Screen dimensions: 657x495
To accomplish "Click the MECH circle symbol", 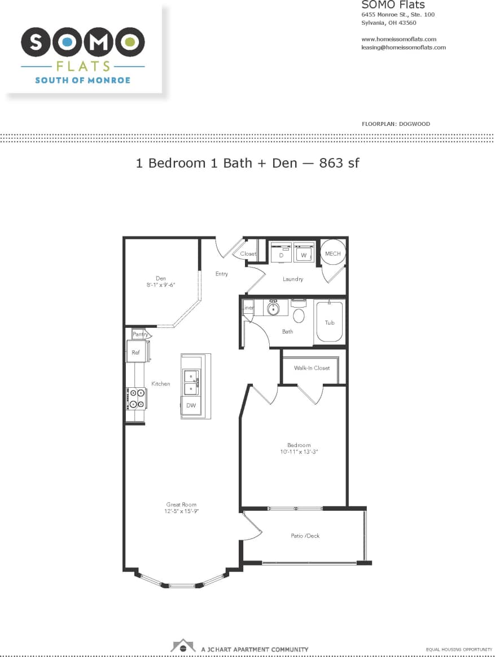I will tap(332, 253).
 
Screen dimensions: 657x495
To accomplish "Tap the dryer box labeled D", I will tap(281, 253).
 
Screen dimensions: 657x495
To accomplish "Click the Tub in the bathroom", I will tap(330, 322).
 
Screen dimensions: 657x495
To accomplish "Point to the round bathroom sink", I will tap(273, 309).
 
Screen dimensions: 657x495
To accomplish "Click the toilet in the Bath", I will tap(299, 314).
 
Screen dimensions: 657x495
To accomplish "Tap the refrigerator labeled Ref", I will tap(136, 352).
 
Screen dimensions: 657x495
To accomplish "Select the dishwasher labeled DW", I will tap(191, 405).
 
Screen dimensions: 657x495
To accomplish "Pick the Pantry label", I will tap(141, 334).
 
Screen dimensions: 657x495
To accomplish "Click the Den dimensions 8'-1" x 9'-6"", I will tap(161, 285).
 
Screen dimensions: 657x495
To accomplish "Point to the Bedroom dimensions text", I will tap(299, 452).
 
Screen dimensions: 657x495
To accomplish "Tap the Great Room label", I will tap(181, 504).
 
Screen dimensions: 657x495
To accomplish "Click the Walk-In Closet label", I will tap(312, 368).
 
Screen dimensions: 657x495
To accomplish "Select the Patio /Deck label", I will tap(305, 536).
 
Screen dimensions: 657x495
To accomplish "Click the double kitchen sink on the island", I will tap(191, 382).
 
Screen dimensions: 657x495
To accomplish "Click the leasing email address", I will tap(403, 47).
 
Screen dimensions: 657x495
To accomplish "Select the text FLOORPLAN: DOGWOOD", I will tap(396, 124).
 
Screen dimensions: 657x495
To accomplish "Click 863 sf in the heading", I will tap(339, 163).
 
